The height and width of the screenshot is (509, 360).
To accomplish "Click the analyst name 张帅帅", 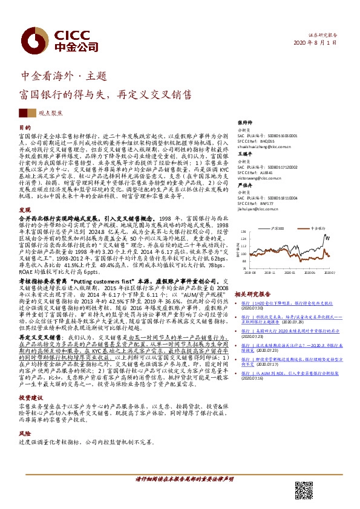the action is click(244, 122).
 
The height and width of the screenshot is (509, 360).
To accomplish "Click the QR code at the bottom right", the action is click(306, 490).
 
